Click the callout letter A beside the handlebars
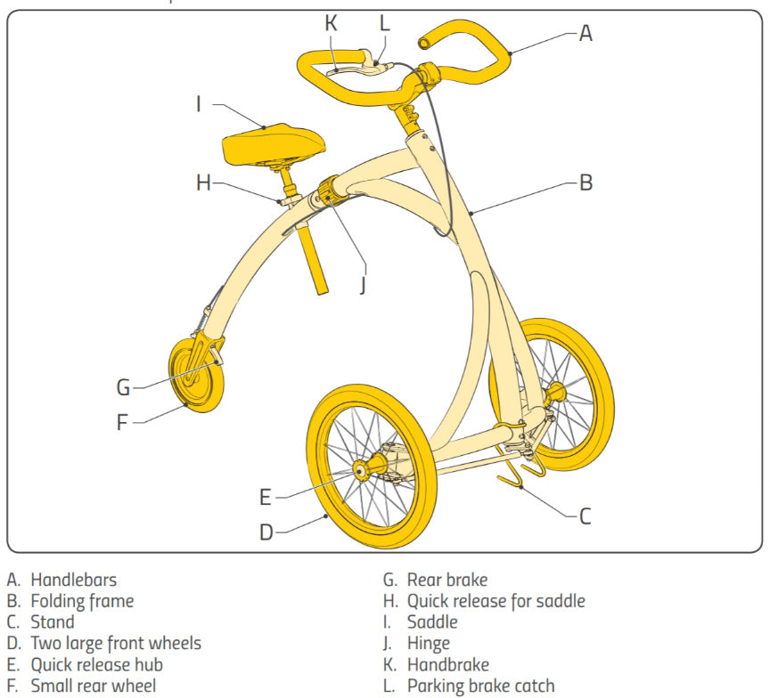click(586, 34)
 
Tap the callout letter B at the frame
click(586, 183)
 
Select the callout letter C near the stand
click(585, 515)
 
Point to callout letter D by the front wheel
click(266, 532)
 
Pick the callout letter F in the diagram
click(123, 421)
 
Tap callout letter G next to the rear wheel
click(123, 387)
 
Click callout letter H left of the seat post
click(204, 183)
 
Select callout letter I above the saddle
click(200, 104)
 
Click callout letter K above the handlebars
click(332, 23)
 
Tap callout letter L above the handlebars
click(384, 23)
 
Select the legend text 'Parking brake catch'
click(480, 686)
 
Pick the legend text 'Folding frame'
click(82, 601)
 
